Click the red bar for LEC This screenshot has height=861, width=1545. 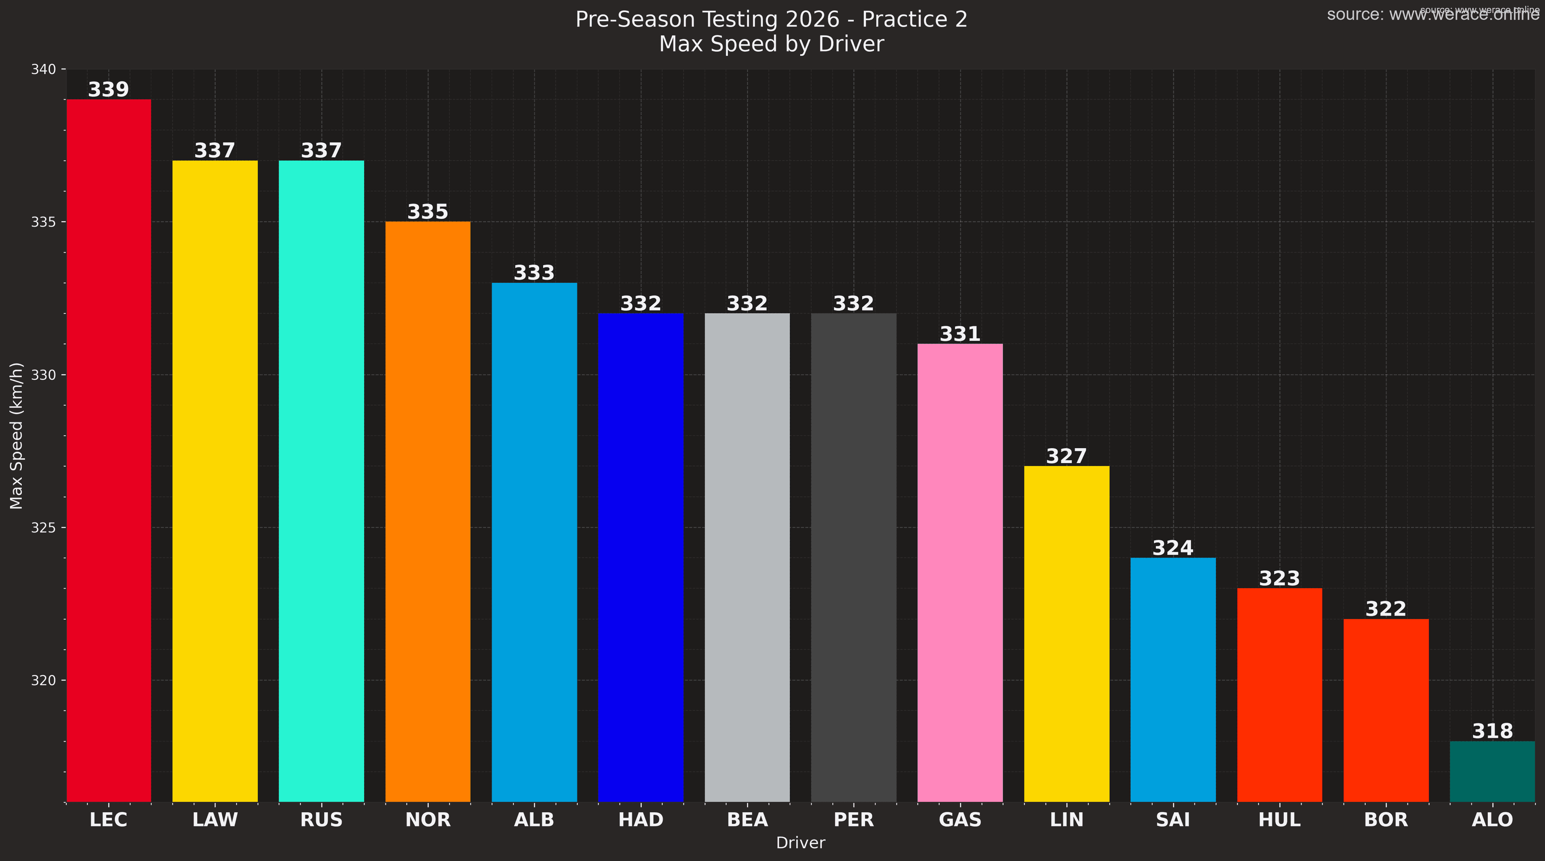click(x=109, y=450)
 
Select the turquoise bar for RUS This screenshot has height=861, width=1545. click(x=321, y=480)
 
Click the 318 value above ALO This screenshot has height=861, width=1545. click(x=1492, y=731)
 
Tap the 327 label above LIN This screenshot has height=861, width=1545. click(x=1066, y=456)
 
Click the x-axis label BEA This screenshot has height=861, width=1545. click(x=747, y=820)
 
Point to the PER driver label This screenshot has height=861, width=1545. click(x=853, y=820)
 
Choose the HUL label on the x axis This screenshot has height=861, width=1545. click(x=1279, y=820)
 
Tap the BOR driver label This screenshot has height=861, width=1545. click(x=1386, y=820)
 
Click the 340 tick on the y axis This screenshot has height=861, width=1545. click(x=43, y=70)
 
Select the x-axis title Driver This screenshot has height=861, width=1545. click(x=800, y=843)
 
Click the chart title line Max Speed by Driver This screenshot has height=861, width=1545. click(x=771, y=44)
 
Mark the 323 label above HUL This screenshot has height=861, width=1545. click(x=1279, y=579)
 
